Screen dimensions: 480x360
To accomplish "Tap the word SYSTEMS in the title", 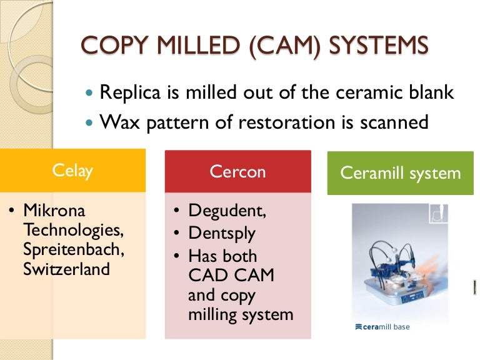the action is [378, 45].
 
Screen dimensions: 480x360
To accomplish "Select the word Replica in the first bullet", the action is [130, 92].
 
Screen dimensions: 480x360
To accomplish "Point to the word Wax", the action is [119, 122].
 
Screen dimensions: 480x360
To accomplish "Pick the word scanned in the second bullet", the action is [394, 122].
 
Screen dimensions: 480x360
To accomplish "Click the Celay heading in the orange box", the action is [72, 171].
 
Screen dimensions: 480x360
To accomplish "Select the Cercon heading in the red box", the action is [237, 171].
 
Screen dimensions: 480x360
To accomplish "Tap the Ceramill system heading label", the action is [401, 173].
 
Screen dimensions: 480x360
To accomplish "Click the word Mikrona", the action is [54, 210].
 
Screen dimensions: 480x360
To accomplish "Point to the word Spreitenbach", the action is [74, 249].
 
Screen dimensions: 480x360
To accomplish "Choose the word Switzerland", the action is [66, 269].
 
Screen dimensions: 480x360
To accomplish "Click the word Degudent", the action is [227, 211].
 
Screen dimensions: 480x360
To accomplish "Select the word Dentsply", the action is [222, 234].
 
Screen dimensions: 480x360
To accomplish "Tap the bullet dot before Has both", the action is [176, 256].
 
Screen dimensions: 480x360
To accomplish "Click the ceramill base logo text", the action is [382, 327].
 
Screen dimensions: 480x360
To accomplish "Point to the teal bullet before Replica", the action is [89, 92].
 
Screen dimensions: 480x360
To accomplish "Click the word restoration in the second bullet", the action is [286, 122].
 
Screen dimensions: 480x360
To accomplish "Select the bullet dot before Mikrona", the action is [12, 210].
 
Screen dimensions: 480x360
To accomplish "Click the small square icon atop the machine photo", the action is [439, 213].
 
